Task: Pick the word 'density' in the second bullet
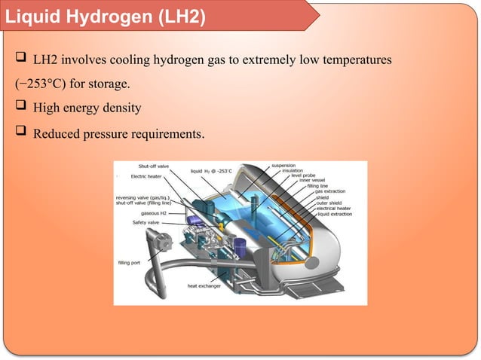[x=121, y=109]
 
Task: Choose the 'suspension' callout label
[x=283, y=165]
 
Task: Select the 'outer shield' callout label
[x=329, y=203]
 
